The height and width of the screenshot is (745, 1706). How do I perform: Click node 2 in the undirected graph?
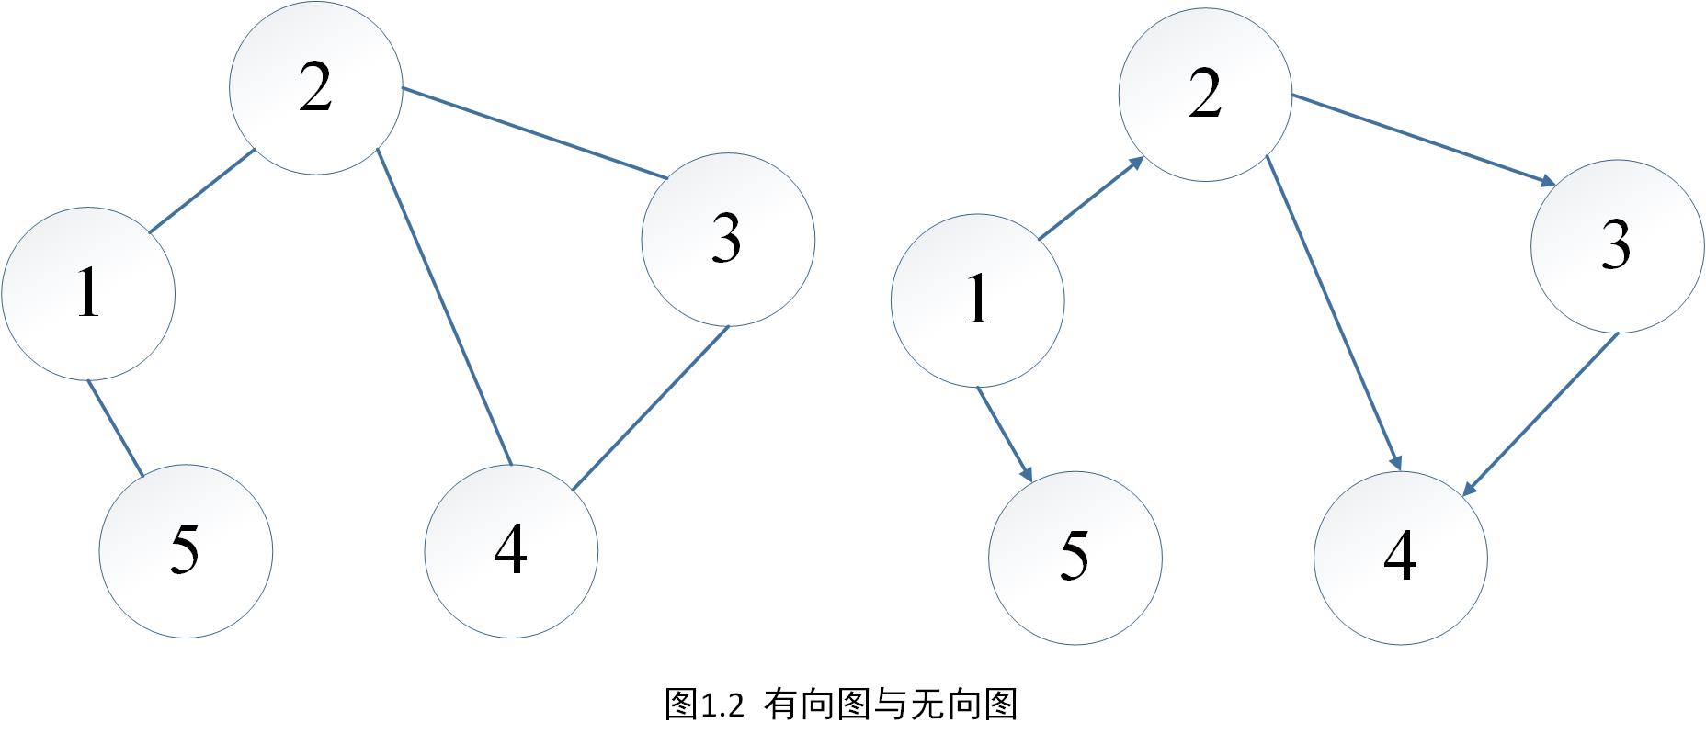click(x=315, y=87)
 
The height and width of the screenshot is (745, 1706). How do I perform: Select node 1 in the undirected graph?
click(x=88, y=293)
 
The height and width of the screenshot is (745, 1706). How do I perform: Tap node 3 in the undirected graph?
click(x=727, y=239)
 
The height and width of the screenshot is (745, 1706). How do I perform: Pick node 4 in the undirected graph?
click(x=511, y=551)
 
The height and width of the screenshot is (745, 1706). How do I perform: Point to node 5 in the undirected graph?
click(x=186, y=551)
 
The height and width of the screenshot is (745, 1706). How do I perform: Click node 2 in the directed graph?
click(x=1205, y=94)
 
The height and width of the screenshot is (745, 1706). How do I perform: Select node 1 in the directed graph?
click(x=978, y=300)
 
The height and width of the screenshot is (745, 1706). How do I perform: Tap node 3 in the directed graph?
click(x=1617, y=245)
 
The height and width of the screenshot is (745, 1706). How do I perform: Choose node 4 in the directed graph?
click(x=1400, y=558)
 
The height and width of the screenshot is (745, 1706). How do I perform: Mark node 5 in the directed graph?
click(x=1075, y=558)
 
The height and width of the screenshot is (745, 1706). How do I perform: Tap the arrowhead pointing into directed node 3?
click(x=1546, y=181)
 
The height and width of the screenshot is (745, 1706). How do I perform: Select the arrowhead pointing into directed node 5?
click(x=1027, y=471)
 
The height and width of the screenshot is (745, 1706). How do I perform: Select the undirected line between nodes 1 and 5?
click(x=116, y=429)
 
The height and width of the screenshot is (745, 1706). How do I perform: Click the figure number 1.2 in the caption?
click(x=722, y=706)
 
